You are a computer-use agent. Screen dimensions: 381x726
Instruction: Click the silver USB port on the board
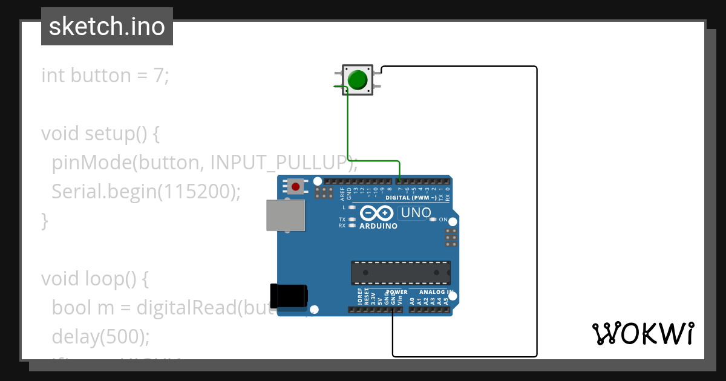[x=286, y=215]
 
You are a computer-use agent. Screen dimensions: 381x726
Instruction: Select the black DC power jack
[x=289, y=295]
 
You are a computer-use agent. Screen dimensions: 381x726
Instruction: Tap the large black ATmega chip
[x=401, y=272]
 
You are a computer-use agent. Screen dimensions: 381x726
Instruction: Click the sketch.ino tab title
[x=107, y=27]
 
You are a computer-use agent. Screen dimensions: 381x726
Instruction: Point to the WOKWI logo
[x=643, y=333]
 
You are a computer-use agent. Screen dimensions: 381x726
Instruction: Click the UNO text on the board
[x=416, y=213]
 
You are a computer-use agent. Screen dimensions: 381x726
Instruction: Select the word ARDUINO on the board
[x=379, y=226]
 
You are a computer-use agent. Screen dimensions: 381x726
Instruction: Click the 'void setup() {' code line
[x=100, y=134]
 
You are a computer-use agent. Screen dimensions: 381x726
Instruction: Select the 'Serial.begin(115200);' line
[x=146, y=192]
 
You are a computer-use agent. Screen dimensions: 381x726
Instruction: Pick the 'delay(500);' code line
[x=100, y=336]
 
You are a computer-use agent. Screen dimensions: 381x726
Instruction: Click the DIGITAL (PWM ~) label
[x=411, y=198]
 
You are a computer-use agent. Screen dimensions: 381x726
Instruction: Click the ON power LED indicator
[x=432, y=220]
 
